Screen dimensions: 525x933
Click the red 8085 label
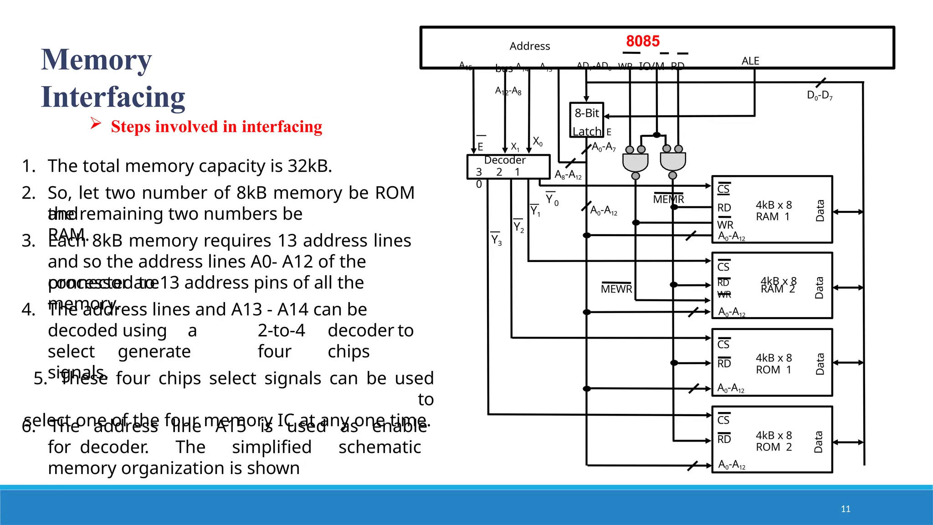click(642, 41)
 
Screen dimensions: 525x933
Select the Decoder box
click(508, 166)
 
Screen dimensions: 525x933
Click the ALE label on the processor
click(750, 61)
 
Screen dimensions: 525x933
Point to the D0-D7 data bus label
click(820, 95)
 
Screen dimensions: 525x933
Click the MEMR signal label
click(668, 199)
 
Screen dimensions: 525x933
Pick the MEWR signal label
click(616, 289)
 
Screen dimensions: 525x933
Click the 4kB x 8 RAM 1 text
click(774, 211)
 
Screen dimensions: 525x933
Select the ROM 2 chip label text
click(774, 441)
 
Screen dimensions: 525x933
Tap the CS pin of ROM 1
click(723, 344)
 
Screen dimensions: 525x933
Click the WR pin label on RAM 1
click(725, 225)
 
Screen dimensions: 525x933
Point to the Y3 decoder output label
click(496, 240)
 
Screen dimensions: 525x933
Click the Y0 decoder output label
click(552, 199)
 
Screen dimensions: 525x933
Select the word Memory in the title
click(96, 60)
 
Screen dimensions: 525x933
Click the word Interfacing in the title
click(113, 97)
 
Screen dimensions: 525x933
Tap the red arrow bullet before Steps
click(95, 123)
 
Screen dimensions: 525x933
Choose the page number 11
click(846, 509)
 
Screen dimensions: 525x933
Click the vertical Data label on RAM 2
click(819, 288)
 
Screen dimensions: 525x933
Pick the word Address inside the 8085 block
click(529, 46)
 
